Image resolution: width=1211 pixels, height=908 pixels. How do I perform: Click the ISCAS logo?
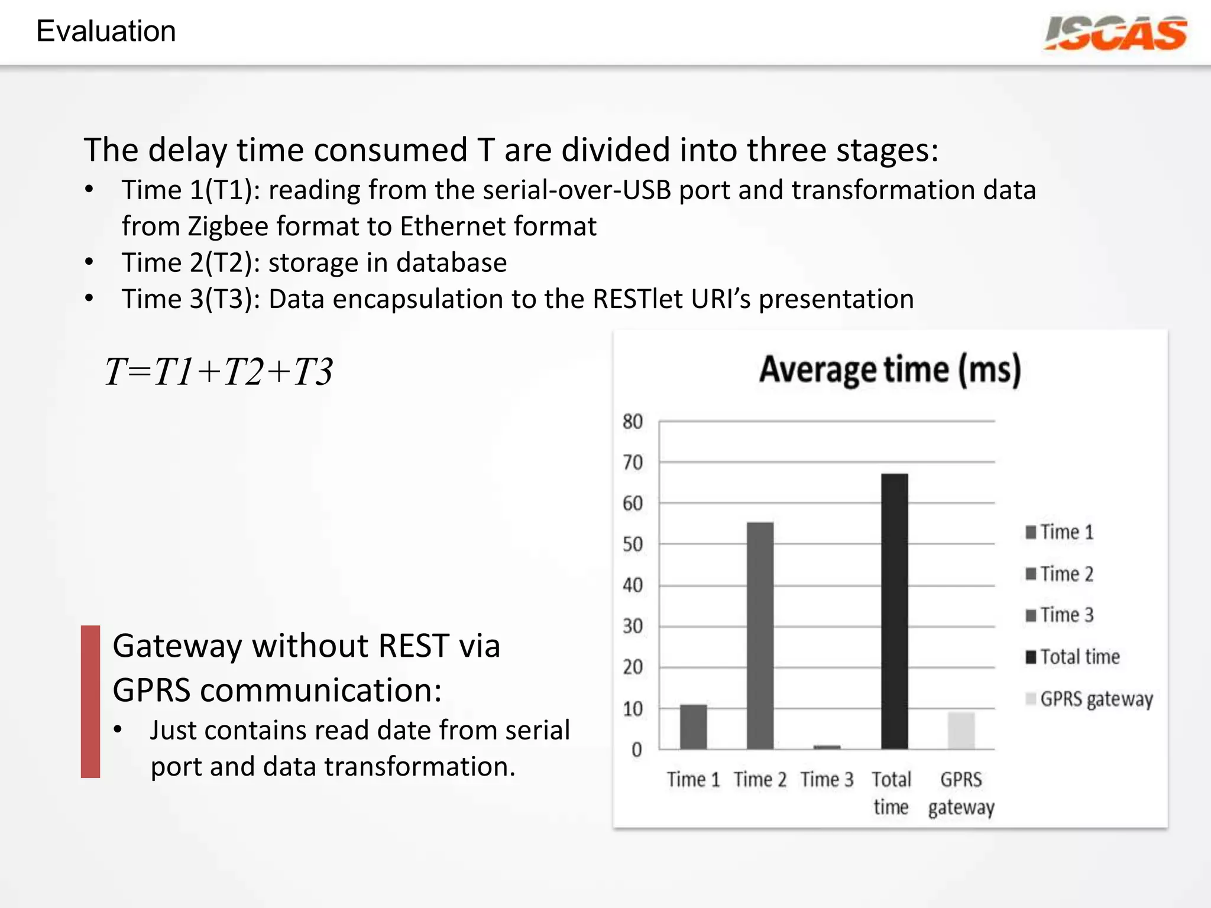pyautogui.click(x=1115, y=33)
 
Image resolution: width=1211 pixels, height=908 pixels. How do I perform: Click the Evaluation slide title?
pyautogui.click(x=106, y=31)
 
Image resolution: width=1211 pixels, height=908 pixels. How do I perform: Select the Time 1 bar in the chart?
pyautogui.click(x=693, y=727)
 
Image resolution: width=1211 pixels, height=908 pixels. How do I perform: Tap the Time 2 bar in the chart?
pyautogui.click(x=760, y=635)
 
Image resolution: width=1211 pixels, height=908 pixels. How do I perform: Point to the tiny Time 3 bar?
pyautogui.click(x=827, y=747)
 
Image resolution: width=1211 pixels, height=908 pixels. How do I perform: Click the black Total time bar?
pyautogui.click(x=894, y=611)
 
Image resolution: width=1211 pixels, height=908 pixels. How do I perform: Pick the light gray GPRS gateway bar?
pyautogui.click(x=961, y=731)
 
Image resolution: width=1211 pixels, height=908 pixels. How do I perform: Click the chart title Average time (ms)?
pyautogui.click(x=890, y=370)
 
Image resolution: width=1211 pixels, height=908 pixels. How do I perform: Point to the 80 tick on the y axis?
pyautogui.click(x=632, y=421)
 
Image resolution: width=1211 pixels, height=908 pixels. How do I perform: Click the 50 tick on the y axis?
pyautogui.click(x=632, y=544)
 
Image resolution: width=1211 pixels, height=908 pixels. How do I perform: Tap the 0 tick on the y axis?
pyautogui.click(x=636, y=750)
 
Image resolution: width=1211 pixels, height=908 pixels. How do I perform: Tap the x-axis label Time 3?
pyautogui.click(x=827, y=780)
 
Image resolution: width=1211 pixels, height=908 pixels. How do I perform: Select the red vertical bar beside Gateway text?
pyautogui.click(x=90, y=701)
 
